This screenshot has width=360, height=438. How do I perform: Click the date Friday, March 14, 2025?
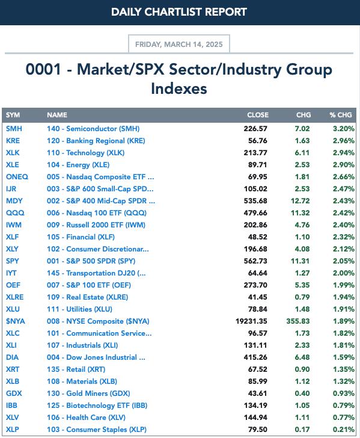[179, 45]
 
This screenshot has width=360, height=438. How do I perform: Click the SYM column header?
[13, 115]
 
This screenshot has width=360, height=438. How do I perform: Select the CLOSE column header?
[258, 115]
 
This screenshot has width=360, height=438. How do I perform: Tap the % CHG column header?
[341, 115]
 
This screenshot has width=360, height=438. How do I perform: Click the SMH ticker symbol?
[14, 129]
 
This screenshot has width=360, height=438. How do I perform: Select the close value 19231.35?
[251, 321]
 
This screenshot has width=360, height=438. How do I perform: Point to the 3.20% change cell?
[344, 129]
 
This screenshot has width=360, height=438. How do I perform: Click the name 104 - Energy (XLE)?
[78, 165]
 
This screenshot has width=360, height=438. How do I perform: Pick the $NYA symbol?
[16, 321]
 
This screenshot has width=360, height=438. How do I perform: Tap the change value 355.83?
[298, 321]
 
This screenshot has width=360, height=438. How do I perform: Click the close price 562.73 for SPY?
[255, 261]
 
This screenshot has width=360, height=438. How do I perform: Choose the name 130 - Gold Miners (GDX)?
[88, 393]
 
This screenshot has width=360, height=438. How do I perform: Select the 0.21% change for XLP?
[344, 430]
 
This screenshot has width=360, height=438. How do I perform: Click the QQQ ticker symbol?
[15, 213]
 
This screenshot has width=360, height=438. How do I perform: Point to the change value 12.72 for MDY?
[301, 201]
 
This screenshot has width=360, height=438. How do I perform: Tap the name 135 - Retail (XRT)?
[76, 369]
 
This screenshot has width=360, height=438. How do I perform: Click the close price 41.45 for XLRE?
[258, 297]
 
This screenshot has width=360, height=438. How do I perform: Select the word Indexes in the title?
[179, 88]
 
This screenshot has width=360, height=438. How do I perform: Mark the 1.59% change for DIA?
[344, 357]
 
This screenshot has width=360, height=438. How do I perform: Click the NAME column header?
[57, 115]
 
